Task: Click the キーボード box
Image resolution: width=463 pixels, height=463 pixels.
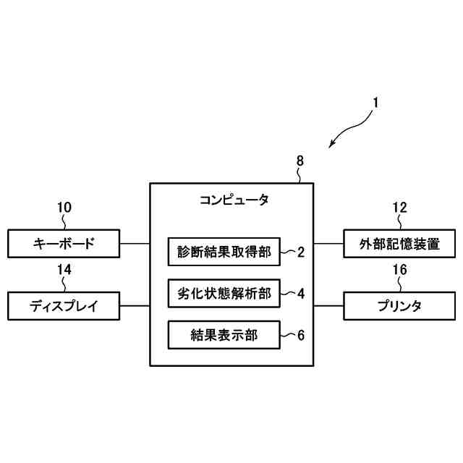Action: point(64,244)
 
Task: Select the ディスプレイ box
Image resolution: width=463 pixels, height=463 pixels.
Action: point(64,306)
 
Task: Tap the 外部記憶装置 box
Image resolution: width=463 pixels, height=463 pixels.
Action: point(400,244)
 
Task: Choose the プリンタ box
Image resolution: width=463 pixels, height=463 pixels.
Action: point(400,306)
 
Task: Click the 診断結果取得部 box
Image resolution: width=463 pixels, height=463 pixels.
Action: point(224,252)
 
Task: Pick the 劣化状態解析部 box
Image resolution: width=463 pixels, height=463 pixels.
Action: point(224,294)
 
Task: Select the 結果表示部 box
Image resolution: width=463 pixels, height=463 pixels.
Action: point(224,335)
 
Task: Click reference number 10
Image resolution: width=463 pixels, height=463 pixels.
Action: point(64,208)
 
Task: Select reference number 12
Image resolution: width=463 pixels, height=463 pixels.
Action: point(400,208)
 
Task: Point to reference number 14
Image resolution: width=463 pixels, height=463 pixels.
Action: point(64,270)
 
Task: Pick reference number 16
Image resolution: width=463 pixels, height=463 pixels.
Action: point(400,270)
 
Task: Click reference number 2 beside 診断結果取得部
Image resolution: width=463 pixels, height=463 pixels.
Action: point(300,252)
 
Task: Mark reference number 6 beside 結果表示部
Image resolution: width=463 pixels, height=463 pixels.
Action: point(300,336)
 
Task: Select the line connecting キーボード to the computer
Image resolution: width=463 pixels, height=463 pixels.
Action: point(135,244)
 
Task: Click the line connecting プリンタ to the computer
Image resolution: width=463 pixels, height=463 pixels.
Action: point(328,306)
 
